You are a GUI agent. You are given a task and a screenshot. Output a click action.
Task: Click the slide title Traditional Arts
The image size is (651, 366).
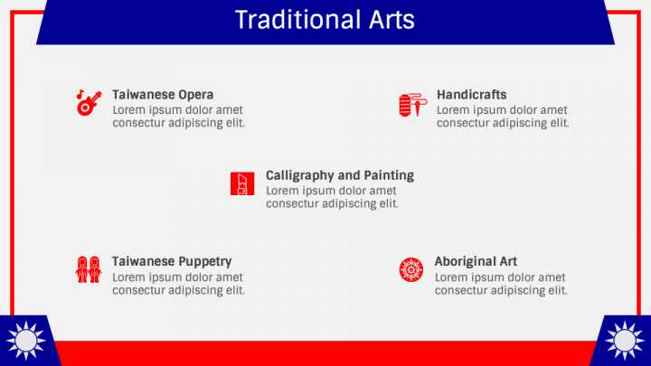coord(325,20)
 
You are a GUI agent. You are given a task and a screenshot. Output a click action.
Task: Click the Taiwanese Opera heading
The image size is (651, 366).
coord(163,95)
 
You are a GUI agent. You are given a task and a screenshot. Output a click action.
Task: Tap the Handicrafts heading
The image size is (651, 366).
coord(471,95)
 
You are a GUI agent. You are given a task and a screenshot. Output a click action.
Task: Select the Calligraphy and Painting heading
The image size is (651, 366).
coord(340,175)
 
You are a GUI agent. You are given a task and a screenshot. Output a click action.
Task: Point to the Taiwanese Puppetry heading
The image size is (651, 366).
coord(172,262)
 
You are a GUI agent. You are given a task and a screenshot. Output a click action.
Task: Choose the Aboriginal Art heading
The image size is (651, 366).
coord(476,262)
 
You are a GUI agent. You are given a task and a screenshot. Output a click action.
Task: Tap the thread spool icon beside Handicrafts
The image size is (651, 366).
coord(411,105)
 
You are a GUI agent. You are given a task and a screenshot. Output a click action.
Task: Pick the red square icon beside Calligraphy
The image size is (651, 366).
coord(241,183)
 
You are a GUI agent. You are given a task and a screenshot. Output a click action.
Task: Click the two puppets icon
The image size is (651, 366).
coord(88,269)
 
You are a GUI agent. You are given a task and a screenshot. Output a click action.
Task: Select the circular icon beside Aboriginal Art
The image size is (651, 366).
coord(411,269)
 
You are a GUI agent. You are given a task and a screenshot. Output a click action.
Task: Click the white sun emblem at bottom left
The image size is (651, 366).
coord(24,341)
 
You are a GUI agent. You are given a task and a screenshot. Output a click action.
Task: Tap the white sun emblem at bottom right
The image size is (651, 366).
coord(625,341)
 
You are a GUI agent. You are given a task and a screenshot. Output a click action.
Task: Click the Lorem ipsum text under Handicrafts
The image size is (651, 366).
coord(503,117)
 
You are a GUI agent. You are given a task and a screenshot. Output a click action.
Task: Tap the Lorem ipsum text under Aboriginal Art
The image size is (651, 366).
coord(501,284)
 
